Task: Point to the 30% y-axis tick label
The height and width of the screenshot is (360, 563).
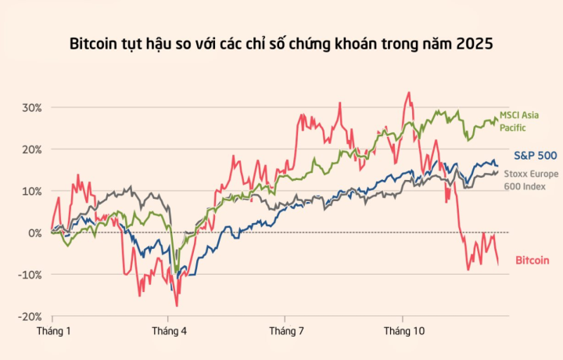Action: (32, 107)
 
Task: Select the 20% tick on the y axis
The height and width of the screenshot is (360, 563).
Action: (32, 149)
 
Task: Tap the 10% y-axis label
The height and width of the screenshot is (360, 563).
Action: (32, 191)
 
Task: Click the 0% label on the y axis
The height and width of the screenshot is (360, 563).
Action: (35, 232)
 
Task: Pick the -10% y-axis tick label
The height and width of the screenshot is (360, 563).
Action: (30, 275)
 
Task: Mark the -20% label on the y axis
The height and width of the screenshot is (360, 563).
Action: (30, 316)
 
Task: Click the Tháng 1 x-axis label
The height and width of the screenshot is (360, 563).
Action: (54, 332)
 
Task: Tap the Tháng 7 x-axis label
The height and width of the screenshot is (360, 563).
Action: (287, 332)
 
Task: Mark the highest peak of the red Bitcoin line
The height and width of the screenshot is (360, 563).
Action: (409, 92)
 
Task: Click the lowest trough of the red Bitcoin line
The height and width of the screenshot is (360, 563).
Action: (177, 305)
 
